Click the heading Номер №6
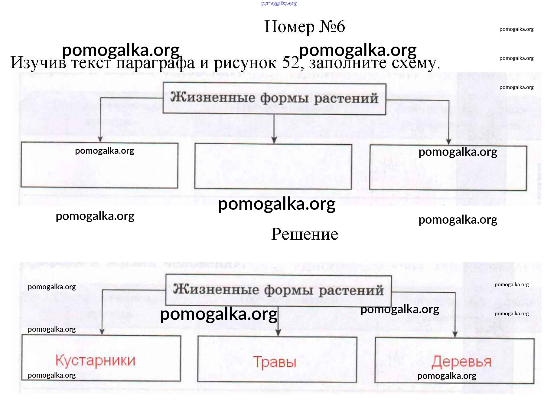pos(305,27)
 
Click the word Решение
pos(305,234)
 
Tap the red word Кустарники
pos(95,360)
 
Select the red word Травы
pos(275,362)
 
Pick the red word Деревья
pos(461,362)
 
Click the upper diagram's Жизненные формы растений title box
pos(274,98)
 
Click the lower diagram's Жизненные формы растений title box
pos(278,290)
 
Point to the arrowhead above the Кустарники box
pos(102,332)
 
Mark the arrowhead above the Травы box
pos(278,333)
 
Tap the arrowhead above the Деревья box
pos(455,334)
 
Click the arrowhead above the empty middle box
pos(274,140)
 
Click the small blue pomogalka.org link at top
pos(279,4)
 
